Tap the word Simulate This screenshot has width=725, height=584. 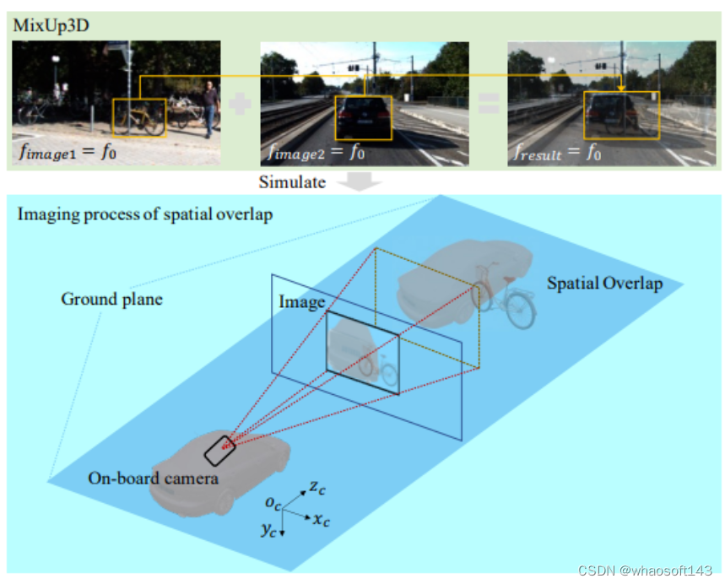[x=291, y=182]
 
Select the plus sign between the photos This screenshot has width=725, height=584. [x=241, y=105]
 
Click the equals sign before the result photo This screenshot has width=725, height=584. [x=489, y=105]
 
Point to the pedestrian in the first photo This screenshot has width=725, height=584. [x=210, y=107]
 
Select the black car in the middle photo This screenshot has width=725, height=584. [x=364, y=117]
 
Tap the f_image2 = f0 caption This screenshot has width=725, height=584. [x=317, y=153]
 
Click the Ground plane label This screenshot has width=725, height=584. [x=112, y=299]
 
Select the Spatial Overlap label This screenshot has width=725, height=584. [x=604, y=284]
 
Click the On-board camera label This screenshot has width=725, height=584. [x=154, y=479]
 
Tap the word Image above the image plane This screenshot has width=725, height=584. [x=301, y=302]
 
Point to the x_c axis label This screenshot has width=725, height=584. [x=322, y=520]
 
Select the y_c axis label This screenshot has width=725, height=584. [x=269, y=530]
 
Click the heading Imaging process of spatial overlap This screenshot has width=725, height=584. [x=144, y=214]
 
